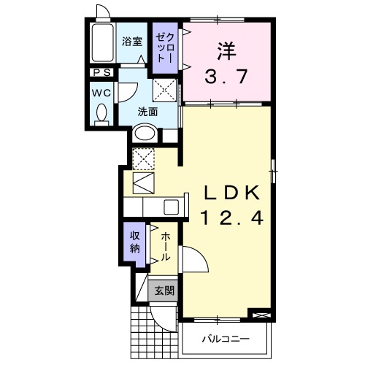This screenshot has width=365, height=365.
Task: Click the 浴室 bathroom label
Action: point(132,41)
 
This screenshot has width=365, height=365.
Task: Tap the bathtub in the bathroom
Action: point(102,45)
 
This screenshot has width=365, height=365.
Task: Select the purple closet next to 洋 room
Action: point(165,48)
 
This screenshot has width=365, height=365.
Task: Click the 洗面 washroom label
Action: point(148,112)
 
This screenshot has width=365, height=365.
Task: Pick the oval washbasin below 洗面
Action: point(145,134)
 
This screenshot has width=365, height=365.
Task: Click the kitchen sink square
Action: point(172,207)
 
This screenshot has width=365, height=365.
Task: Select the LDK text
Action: point(231,193)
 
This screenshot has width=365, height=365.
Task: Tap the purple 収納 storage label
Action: point(135,241)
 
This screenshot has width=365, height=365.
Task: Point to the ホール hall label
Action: point(166,247)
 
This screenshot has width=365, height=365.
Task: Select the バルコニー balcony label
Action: point(226,339)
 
